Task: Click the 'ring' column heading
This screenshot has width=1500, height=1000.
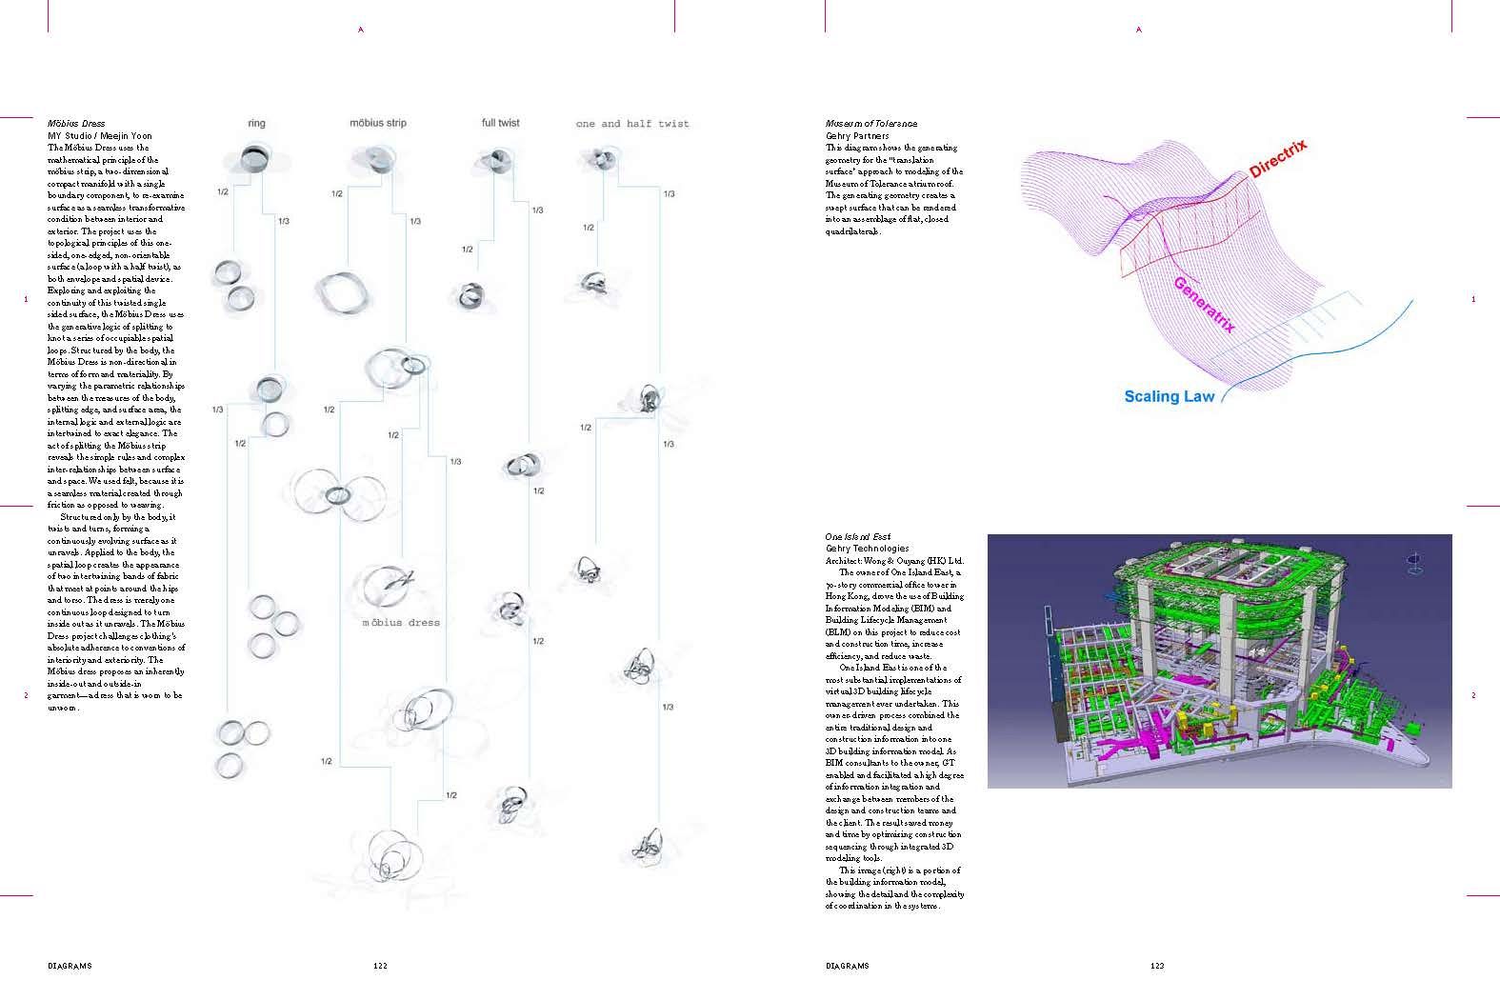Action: click(256, 123)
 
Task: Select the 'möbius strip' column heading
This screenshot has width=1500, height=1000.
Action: click(378, 123)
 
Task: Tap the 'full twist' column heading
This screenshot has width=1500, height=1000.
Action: click(501, 123)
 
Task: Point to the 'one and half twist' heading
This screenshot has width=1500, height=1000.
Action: click(632, 124)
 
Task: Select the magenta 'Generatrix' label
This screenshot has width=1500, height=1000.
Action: click(1205, 304)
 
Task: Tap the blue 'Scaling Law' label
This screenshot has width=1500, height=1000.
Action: click(1169, 396)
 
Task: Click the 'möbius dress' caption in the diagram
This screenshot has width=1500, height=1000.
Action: click(401, 623)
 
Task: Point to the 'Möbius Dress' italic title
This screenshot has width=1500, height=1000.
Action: click(76, 124)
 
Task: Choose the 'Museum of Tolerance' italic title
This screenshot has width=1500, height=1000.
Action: click(870, 124)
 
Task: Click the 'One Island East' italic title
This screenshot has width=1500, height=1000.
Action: click(857, 536)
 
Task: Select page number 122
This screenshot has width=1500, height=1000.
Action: click(380, 966)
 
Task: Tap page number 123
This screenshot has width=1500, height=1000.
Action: click(1157, 966)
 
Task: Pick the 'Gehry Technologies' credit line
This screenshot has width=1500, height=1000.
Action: click(867, 549)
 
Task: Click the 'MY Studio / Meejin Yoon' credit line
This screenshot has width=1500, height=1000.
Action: click(99, 136)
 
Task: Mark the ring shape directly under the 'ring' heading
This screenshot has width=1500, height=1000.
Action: click(255, 158)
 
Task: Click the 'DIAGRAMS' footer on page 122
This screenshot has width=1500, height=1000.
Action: click(70, 966)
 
